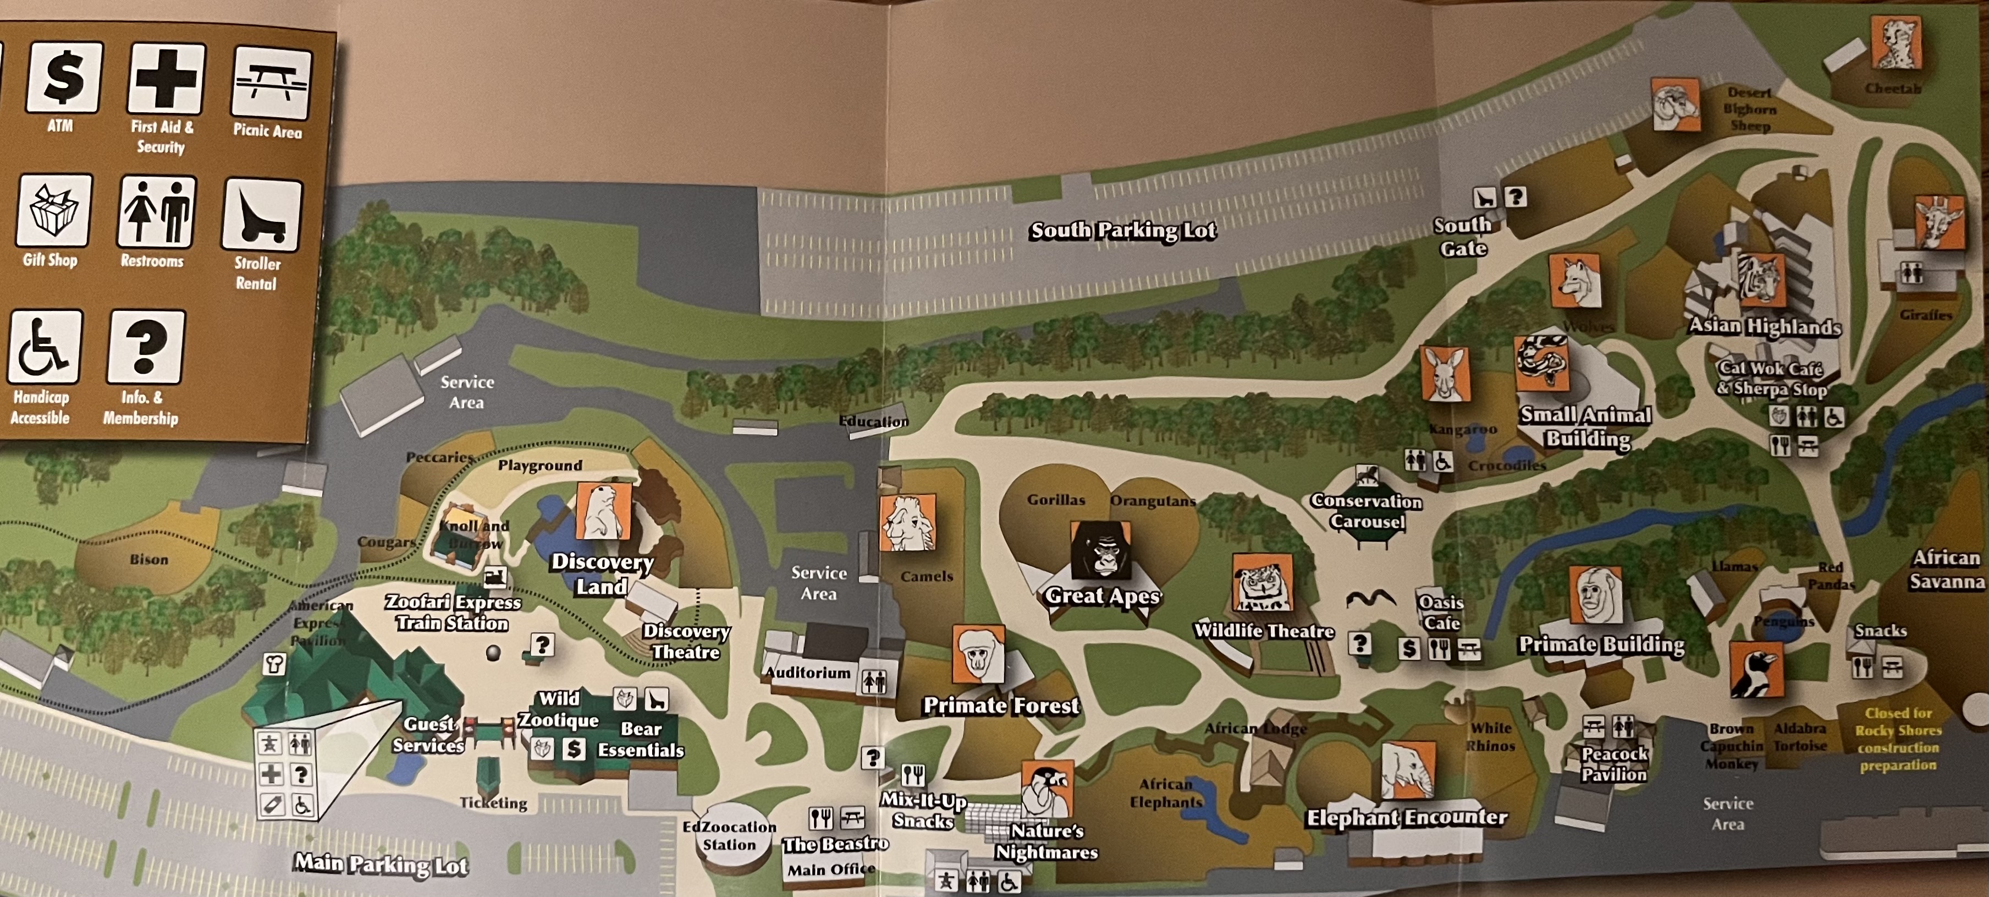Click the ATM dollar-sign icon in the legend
pyautogui.click(x=64, y=77)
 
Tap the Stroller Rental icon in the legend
pyautogui.click(x=262, y=216)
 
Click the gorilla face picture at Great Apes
pyautogui.click(x=1100, y=550)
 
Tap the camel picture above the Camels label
pyautogui.click(x=907, y=523)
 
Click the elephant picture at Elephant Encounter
pyautogui.click(x=1408, y=770)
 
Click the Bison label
pyautogui.click(x=148, y=559)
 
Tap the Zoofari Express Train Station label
pyautogui.click(x=453, y=612)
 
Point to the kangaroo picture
pyautogui.click(x=1444, y=374)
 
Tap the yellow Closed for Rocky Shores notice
pyautogui.click(x=1897, y=740)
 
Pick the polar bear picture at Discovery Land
pyautogui.click(x=603, y=511)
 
